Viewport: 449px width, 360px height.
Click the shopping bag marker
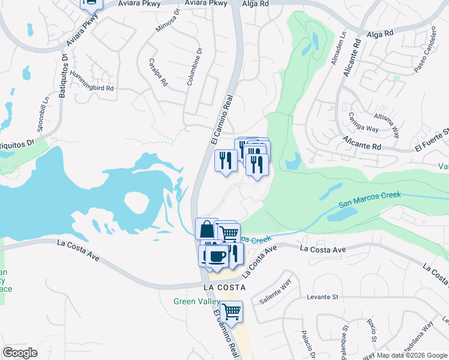[x=206, y=229]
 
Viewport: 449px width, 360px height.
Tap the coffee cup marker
[x=216, y=257]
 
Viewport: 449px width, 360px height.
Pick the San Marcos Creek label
[x=369, y=199]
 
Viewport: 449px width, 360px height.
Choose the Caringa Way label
[x=363, y=123]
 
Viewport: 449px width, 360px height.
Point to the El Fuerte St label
[x=431, y=140]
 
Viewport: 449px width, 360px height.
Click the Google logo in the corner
[x=20, y=353]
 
